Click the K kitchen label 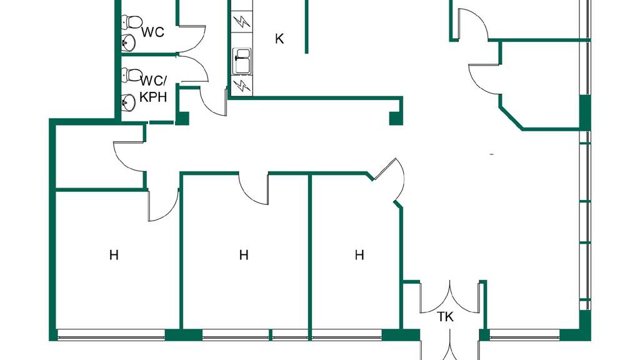[x=279, y=39]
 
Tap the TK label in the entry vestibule [x=445, y=317]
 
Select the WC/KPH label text [x=154, y=89]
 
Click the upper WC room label [x=152, y=32]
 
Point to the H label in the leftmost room [x=114, y=255]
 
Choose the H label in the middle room [x=244, y=255]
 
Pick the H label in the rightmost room [x=359, y=255]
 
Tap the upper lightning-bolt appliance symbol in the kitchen [x=241, y=22]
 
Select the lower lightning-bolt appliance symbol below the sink [x=242, y=86]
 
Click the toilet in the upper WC [x=131, y=23]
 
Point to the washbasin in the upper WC [x=129, y=43]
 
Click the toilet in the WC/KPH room [x=132, y=75]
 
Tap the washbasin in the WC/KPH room [x=129, y=102]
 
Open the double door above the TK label [x=450, y=299]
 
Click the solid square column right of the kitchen [x=395, y=118]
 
